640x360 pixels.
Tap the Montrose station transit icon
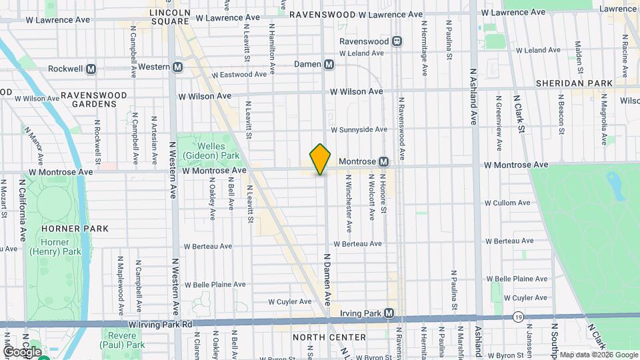(383, 161)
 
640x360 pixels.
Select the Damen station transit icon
(328, 65)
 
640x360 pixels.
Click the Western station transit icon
(177, 67)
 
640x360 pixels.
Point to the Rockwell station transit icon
(91, 69)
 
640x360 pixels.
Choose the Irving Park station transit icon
(389, 313)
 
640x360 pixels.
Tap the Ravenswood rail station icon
(397, 41)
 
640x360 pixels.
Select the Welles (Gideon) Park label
(217, 150)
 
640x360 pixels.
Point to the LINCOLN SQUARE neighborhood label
(170, 17)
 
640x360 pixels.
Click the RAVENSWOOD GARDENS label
(93, 99)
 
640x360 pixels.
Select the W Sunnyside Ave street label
(359, 130)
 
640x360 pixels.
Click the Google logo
(21, 351)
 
